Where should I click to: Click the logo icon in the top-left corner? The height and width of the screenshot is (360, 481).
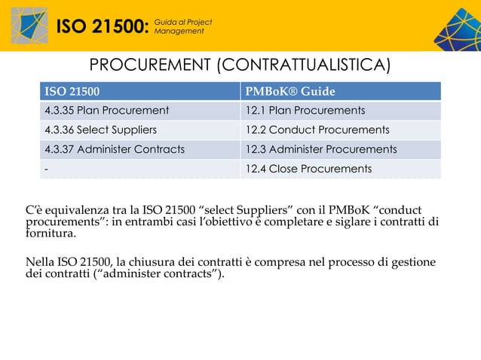(29, 25)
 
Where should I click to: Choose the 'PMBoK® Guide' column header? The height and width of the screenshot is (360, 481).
(290, 93)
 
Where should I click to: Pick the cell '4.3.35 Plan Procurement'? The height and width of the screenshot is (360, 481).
(106, 111)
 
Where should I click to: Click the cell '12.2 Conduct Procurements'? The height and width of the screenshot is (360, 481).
(317, 130)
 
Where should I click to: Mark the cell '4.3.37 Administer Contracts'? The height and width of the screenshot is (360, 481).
(115, 149)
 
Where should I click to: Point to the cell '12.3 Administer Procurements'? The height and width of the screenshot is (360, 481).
(320, 149)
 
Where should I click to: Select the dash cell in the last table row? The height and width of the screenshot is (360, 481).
(47, 168)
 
